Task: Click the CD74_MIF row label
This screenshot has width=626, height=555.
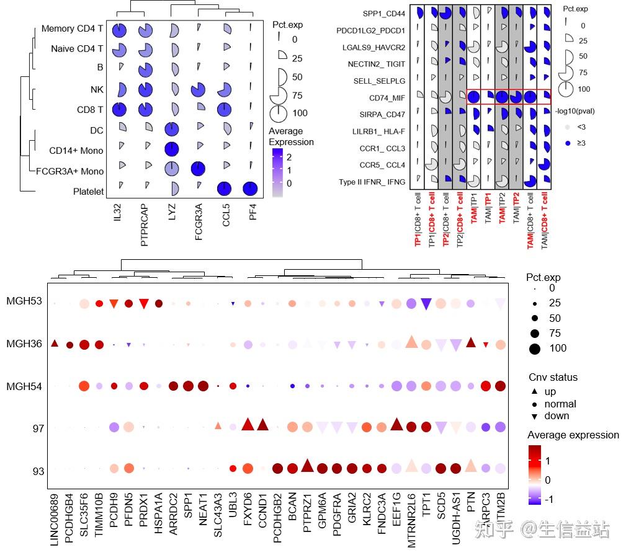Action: [388, 97]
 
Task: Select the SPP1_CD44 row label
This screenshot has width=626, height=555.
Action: [385, 13]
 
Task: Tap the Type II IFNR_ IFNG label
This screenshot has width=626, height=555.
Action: [372, 182]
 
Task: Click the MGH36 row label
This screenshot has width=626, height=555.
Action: [25, 344]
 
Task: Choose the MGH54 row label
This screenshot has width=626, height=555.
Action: [25, 386]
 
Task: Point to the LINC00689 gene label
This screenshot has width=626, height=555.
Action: [54, 518]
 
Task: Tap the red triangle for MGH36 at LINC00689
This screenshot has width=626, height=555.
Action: [54, 344]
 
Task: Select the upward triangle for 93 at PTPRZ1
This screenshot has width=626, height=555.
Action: [306, 466]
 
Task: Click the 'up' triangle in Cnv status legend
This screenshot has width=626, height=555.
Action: [534, 392]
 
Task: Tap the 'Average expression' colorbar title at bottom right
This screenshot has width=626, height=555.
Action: [573, 435]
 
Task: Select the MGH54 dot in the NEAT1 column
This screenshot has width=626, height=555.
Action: [203, 386]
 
